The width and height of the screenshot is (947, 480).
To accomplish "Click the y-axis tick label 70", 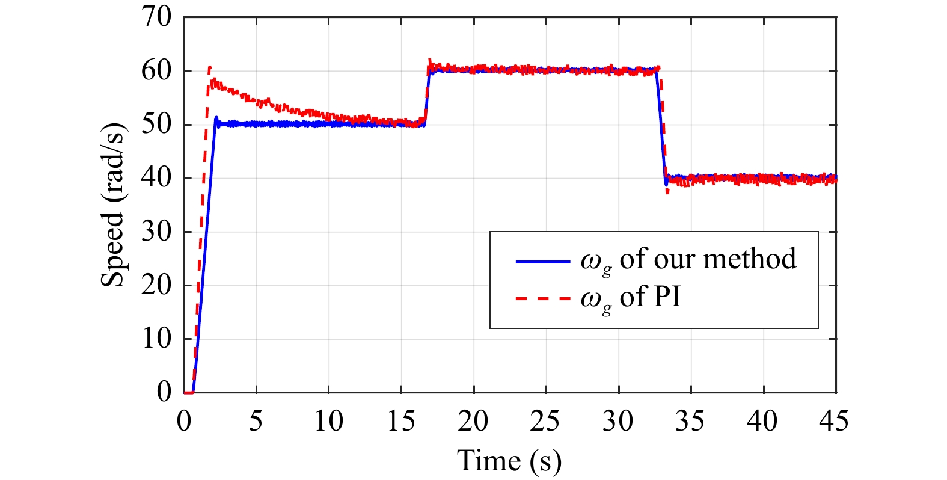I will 156,17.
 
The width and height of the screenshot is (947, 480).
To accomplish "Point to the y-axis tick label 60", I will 156,71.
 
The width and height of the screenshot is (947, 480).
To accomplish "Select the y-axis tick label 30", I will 156,232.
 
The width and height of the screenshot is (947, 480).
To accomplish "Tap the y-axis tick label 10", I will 156,339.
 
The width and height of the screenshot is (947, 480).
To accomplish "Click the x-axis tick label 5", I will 256,421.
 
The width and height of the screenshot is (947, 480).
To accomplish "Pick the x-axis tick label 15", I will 400,421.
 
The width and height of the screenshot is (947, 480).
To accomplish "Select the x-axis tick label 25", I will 545,421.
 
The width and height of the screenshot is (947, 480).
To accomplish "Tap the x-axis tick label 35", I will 690,421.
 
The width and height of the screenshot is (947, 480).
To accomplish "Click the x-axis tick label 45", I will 835,421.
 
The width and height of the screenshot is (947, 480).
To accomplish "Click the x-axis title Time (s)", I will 509,461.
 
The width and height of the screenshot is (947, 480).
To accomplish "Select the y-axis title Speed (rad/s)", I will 113,205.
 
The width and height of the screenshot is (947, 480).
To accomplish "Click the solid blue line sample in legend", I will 542,262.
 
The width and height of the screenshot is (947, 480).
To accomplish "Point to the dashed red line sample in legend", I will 542,298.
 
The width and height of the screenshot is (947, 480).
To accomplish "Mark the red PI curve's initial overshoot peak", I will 209,67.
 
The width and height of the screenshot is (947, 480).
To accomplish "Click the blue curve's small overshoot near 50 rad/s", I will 216,118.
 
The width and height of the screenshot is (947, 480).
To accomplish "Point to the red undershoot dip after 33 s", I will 667,192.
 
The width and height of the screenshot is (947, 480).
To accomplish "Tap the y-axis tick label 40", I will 156,178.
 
